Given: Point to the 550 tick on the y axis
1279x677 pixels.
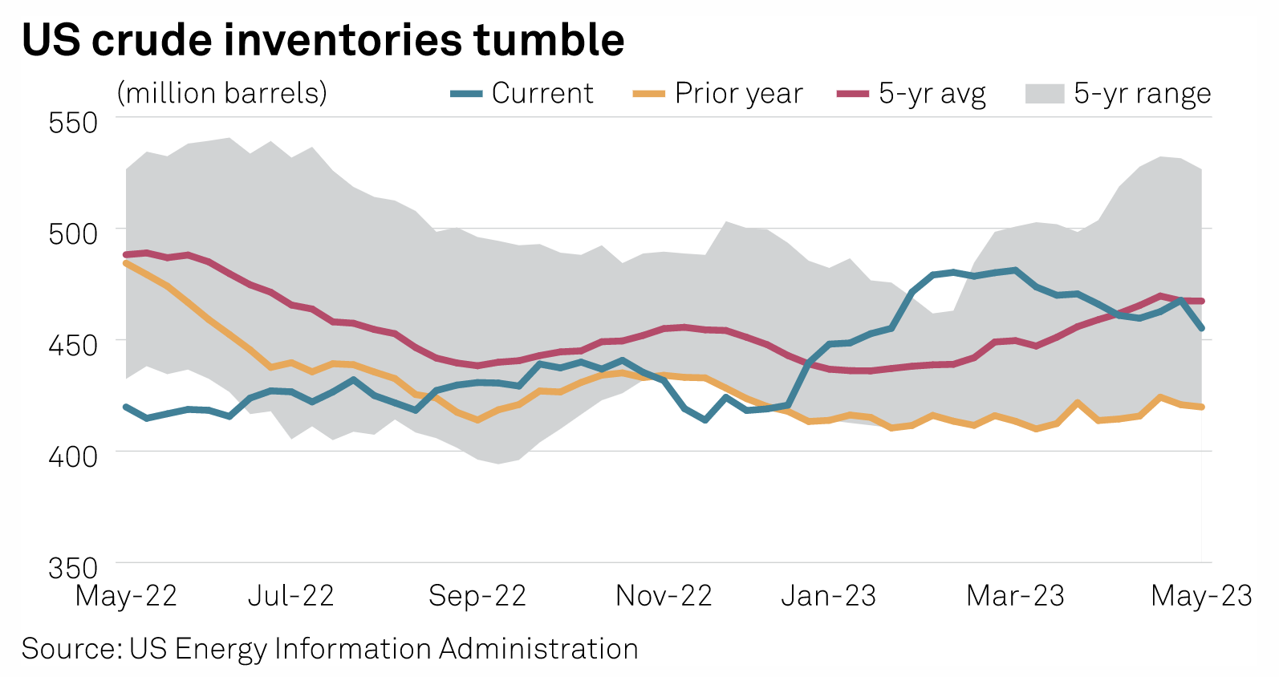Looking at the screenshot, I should [73, 124].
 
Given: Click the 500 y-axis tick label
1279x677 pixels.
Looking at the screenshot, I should [73, 234].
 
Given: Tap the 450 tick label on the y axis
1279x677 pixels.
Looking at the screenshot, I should [73, 346].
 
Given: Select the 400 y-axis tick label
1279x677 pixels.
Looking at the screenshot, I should [73, 456].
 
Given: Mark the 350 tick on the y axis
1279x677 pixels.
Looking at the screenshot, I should [73, 568].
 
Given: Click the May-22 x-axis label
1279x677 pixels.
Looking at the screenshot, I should [126, 596].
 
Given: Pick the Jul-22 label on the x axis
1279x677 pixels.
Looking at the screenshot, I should [290, 596].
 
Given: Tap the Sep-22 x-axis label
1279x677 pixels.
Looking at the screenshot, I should [477, 596].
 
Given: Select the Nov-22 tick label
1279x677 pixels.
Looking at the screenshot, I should [664, 596].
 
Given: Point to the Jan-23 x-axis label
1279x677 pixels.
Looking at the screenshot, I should [829, 596].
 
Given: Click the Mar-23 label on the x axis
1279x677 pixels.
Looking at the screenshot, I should [1015, 596].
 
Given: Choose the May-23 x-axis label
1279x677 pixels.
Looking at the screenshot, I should [1201, 596].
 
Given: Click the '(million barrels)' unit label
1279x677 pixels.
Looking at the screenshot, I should [222, 94].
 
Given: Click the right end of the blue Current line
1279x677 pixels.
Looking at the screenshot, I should [1201, 328].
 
